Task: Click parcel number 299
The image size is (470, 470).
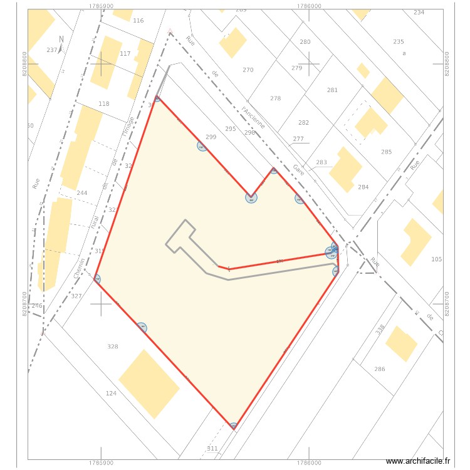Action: pyautogui.click(x=211, y=137)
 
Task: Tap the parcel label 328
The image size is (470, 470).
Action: pyautogui.click(x=113, y=347)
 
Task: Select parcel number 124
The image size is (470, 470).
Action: pyautogui.click(x=111, y=394)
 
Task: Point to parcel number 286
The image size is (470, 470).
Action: pyautogui.click(x=380, y=369)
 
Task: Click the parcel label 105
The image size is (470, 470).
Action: pyautogui.click(x=437, y=259)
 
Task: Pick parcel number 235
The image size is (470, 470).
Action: pyautogui.click(x=399, y=41)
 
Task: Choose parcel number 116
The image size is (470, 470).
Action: pyautogui.click(x=138, y=21)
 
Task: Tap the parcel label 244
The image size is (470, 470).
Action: pyautogui.click(x=81, y=193)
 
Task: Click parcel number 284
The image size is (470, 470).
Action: pyautogui.click(x=363, y=187)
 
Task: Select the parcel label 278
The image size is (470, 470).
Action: pyautogui.click(x=276, y=98)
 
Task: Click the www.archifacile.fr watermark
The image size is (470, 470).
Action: pyautogui.click(x=418, y=461)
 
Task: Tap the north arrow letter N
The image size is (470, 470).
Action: pyautogui.click(x=60, y=39)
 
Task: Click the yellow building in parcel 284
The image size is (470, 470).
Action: pyautogui.click(x=345, y=169)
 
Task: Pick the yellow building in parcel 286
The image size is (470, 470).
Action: pyautogui.click(x=401, y=343)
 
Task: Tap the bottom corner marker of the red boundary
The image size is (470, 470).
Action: pyautogui.click(x=234, y=427)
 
